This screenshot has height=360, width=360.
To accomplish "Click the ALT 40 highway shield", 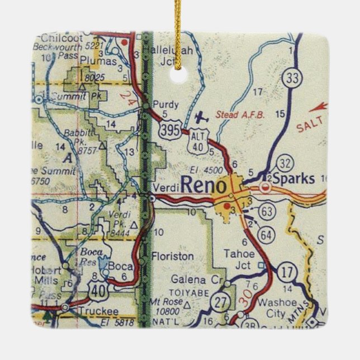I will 212,140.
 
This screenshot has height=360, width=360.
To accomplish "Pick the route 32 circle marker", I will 286,164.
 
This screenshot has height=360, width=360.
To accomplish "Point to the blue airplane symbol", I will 201,117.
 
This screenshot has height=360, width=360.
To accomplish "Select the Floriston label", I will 173,257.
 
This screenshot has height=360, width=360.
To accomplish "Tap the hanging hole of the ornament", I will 179,73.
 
